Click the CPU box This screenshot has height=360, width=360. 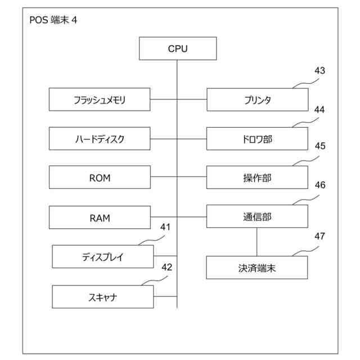click(178, 48)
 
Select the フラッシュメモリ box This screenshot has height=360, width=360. click(100, 100)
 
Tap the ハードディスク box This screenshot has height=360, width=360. click(100, 139)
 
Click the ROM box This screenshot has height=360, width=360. click(100, 178)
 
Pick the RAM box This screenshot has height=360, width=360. click(100, 217)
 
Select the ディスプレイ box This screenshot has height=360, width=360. click(102, 257)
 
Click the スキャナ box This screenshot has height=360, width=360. click(102, 296)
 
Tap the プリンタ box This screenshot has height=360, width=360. click(257, 100)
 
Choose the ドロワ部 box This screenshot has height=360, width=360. click(257, 139)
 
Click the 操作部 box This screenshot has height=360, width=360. click(257, 178)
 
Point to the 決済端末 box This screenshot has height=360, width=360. click(257, 268)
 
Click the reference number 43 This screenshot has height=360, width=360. click(319, 71)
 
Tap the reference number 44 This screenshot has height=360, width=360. click(319, 110)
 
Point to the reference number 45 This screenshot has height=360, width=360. click(319, 146)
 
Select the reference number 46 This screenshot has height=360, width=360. click(319, 184)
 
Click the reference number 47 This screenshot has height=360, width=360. click(319, 236)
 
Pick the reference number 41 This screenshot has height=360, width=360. click(165, 227)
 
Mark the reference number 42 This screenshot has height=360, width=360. click(166, 267)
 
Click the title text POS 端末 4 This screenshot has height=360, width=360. click(53, 20)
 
